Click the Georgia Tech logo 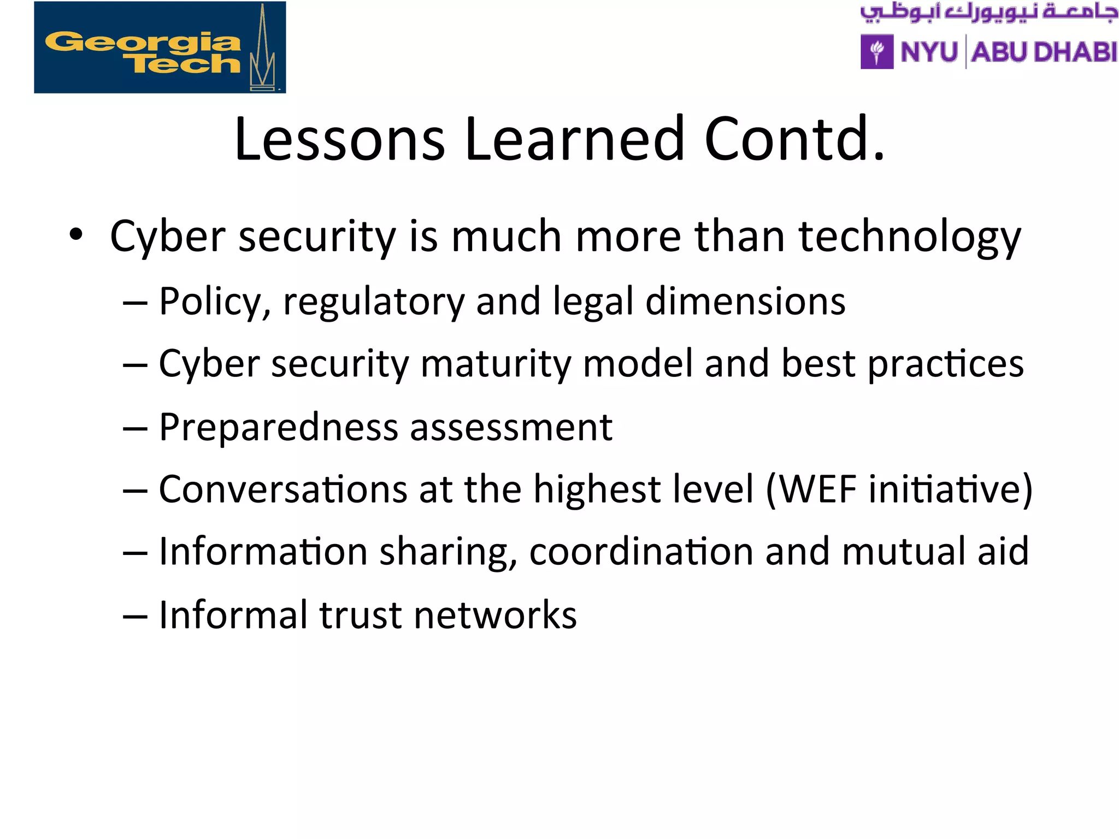point(160,48)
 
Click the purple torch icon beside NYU point(877,52)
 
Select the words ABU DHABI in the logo point(1044,52)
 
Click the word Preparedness point(278,427)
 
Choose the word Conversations point(283,489)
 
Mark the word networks point(495,615)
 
